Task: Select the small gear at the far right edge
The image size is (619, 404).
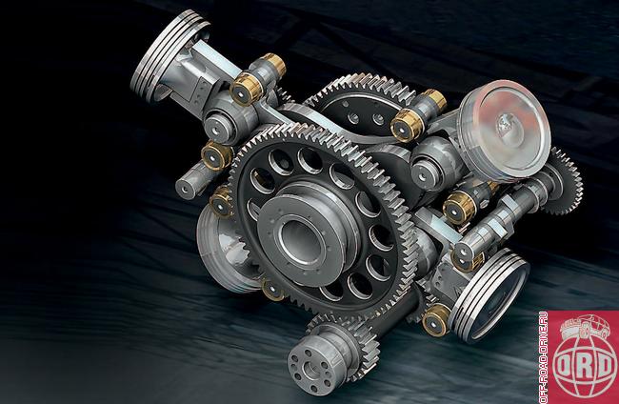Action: pos(566,181)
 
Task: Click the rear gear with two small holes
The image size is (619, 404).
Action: pos(363,106)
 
